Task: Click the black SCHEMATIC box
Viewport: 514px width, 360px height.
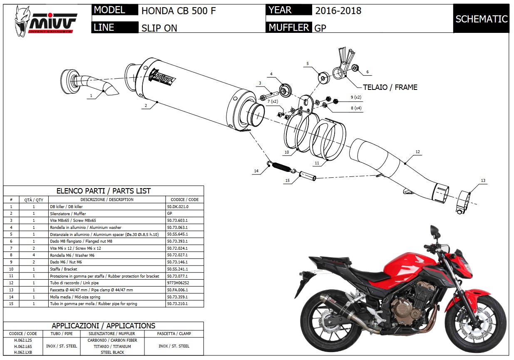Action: pos(481,19)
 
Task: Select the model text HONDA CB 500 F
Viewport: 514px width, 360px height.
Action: pos(179,11)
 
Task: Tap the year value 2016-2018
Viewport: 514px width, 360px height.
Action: pos(338,11)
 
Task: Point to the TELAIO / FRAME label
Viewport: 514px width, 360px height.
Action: pos(390,87)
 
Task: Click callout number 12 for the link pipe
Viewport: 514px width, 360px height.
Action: pos(417,152)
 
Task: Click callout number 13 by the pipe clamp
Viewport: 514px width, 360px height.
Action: pos(483,181)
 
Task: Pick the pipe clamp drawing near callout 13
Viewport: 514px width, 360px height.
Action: pos(463,202)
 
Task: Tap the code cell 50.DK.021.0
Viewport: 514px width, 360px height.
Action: pos(178,206)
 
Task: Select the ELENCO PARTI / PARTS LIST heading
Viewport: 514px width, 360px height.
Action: pos(104,191)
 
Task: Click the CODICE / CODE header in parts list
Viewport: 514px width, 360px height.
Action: pos(182,199)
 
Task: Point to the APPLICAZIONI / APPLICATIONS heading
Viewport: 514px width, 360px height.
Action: pos(104,326)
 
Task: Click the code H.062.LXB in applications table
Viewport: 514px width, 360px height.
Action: pos(23,352)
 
